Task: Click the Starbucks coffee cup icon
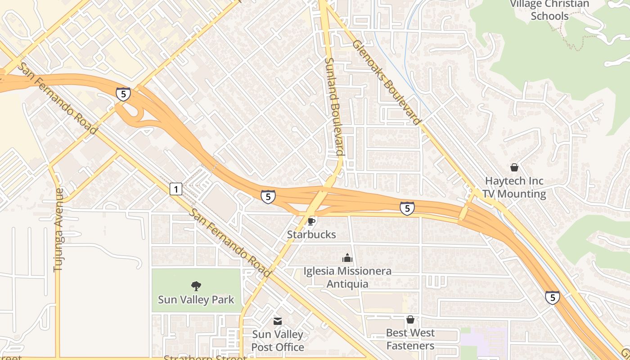311,221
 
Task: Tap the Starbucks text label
311,234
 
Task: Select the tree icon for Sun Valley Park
196,286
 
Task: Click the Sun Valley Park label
196,299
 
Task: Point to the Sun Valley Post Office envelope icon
278,321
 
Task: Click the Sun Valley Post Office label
278,341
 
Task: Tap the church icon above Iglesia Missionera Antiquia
347,258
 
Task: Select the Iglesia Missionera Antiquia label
347,277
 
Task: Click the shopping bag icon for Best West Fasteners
410,319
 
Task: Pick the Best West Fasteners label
410,339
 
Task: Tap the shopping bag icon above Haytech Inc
514,168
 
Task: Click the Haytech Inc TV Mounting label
514,187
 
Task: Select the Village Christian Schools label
549,10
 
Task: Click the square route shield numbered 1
176,189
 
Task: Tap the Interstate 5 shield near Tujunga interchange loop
123,94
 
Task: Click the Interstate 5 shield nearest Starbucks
268,197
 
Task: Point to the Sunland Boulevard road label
333,106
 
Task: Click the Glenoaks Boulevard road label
387,82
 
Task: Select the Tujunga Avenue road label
58,229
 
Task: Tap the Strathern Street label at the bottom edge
205,358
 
